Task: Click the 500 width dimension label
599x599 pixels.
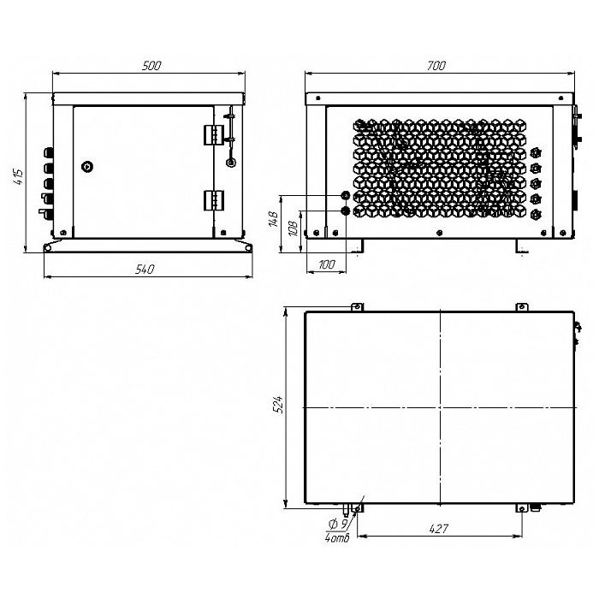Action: click(x=151, y=66)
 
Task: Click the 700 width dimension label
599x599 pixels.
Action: click(x=436, y=66)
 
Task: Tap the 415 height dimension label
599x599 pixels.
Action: click(x=18, y=177)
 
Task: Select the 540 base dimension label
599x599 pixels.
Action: click(x=145, y=270)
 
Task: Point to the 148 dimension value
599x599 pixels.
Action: click(x=274, y=219)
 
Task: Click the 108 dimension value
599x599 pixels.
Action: click(x=293, y=228)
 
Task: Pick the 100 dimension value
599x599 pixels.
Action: click(x=326, y=264)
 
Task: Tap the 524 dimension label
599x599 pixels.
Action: click(x=278, y=404)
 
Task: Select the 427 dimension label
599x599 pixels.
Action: click(x=438, y=529)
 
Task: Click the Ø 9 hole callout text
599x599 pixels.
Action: click(x=338, y=525)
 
